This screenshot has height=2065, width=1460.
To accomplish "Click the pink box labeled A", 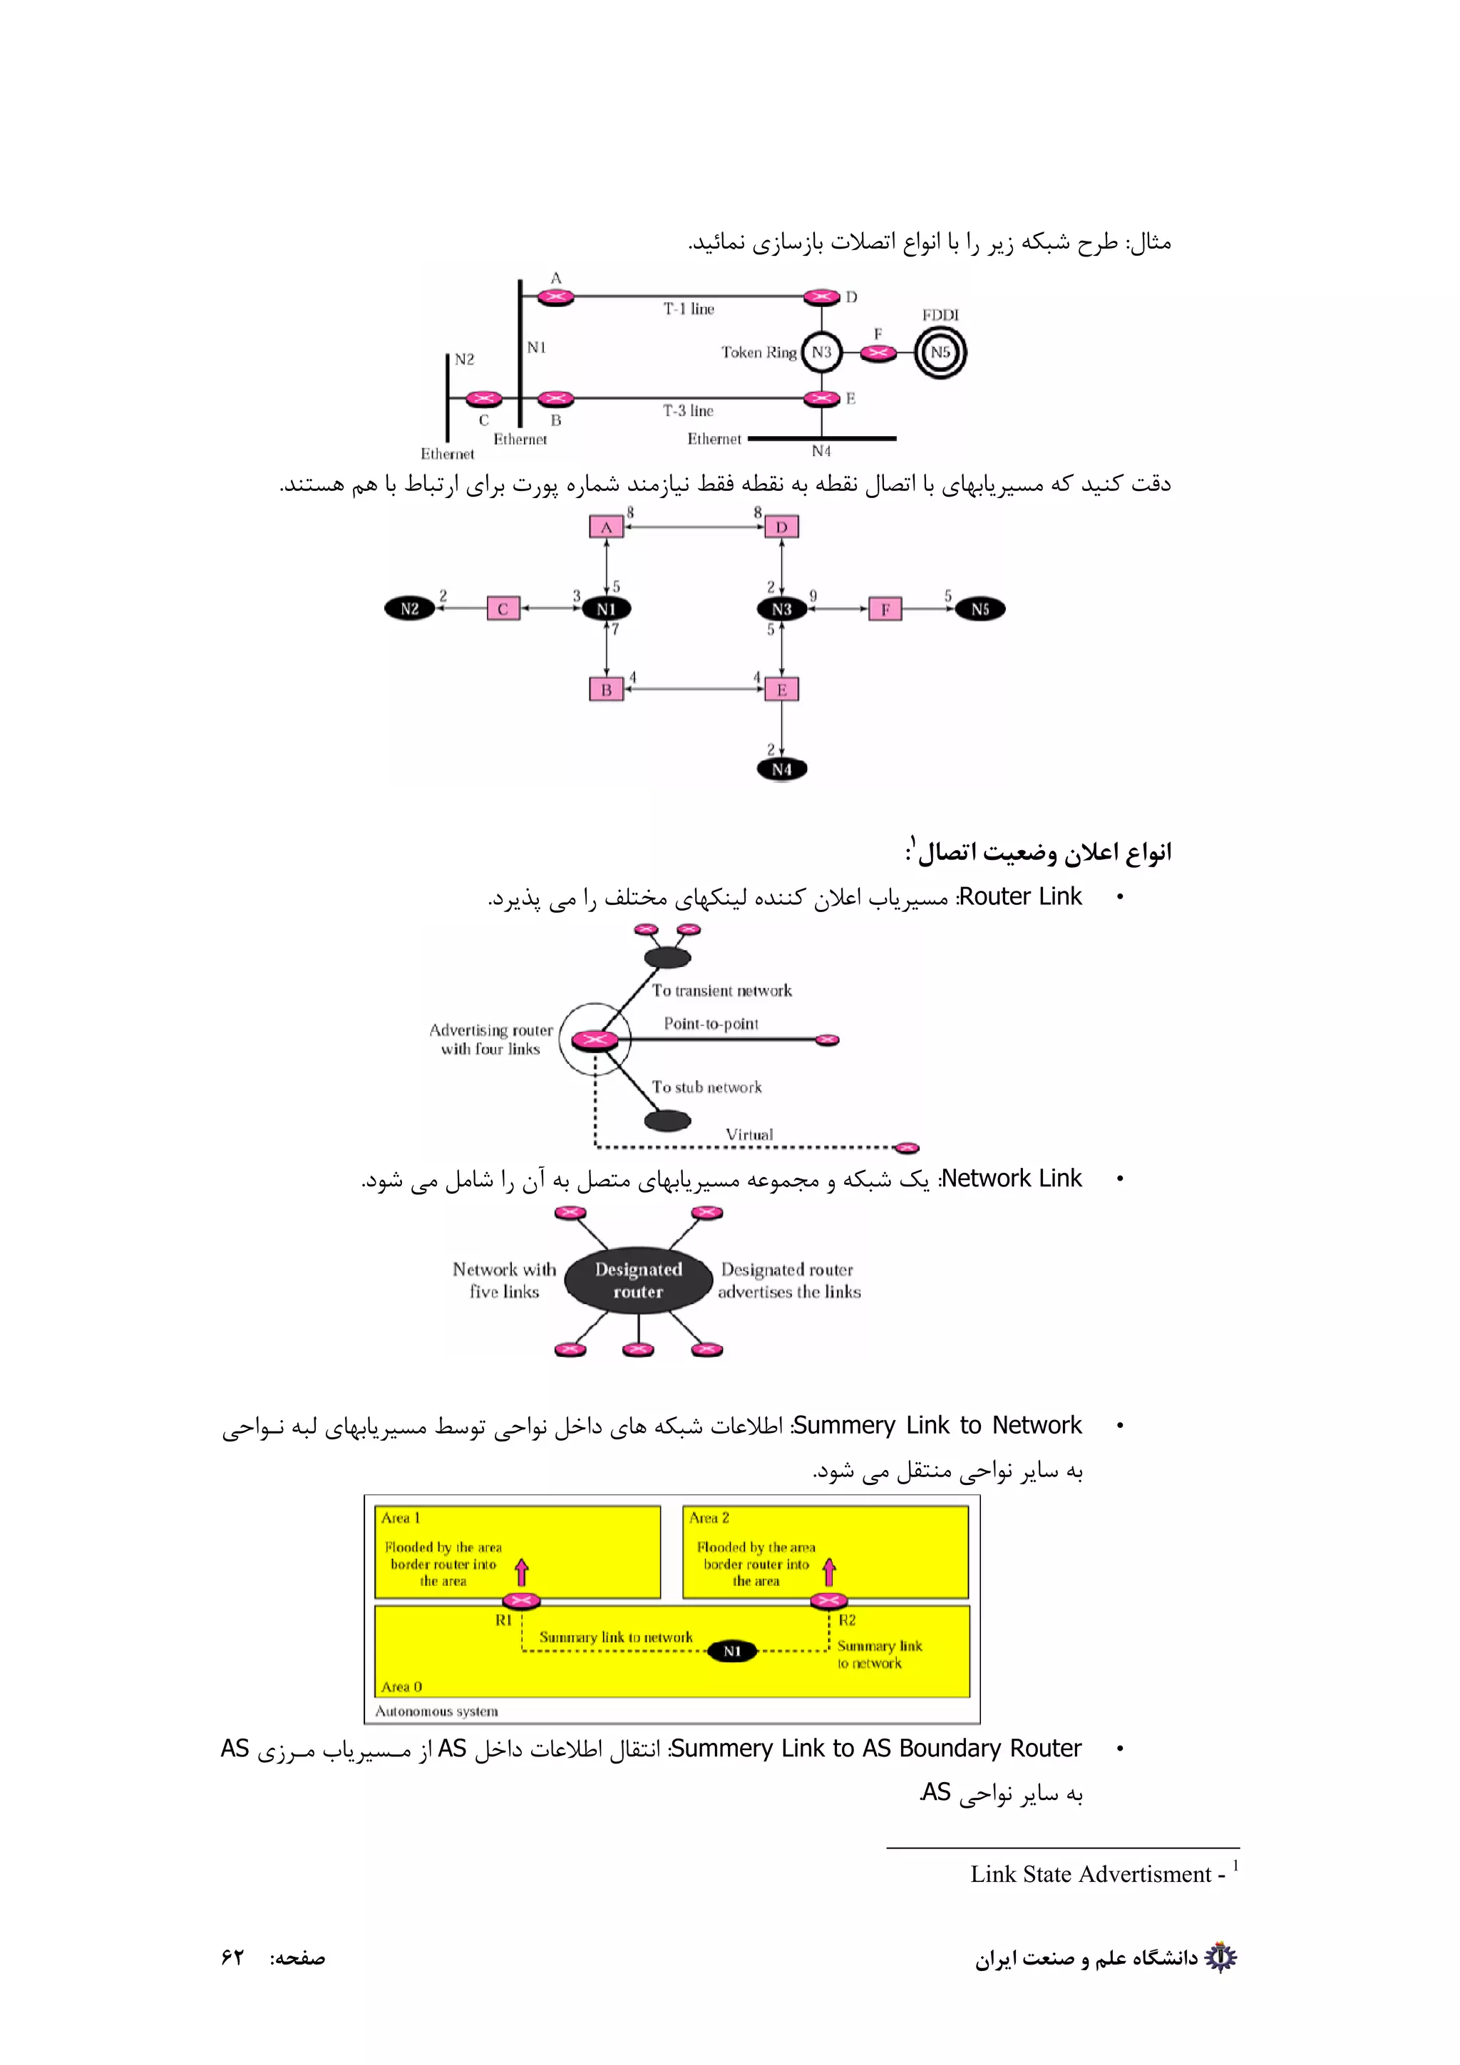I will (x=606, y=527).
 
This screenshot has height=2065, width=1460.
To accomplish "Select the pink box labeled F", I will (x=885, y=609).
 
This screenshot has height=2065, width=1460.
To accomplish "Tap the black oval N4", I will (x=782, y=769).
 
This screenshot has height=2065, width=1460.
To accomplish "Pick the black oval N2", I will (x=409, y=609).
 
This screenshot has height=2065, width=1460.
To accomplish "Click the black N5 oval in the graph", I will (x=980, y=609).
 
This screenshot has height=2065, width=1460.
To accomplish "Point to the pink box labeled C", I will (x=503, y=609).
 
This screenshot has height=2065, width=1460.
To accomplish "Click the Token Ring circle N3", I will (x=821, y=352).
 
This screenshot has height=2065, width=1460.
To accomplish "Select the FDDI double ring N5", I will (x=940, y=352).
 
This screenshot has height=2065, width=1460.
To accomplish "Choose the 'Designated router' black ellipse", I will (x=638, y=1280).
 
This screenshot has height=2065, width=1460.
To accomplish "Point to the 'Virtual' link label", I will (x=749, y=1134).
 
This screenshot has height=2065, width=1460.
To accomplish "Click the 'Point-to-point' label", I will (x=711, y=1023).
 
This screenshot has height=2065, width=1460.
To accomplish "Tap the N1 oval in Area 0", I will (x=732, y=1650).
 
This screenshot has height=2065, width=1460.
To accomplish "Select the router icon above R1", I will (x=521, y=1600).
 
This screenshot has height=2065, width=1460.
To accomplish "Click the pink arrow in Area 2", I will (x=829, y=1571).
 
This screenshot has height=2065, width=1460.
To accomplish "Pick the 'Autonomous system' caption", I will (x=436, y=1711).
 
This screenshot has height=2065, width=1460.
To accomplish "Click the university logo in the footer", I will (x=1220, y=1957).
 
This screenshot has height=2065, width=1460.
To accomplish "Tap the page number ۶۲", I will (x=232, y=1958).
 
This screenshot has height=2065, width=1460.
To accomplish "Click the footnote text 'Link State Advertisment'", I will (x=1090, y=1873).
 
